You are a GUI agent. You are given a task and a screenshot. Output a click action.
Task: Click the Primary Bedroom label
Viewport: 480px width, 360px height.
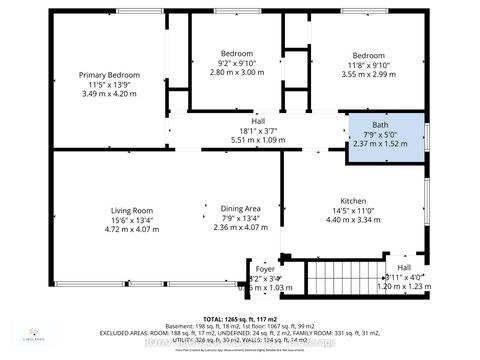coord(110,75)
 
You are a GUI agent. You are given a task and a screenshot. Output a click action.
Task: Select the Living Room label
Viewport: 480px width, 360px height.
coord(132,210)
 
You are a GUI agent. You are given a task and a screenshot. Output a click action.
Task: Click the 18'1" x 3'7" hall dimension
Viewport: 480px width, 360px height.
coord(244,131)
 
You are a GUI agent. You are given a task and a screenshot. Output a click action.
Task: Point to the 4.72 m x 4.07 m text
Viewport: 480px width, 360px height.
coord(132,229)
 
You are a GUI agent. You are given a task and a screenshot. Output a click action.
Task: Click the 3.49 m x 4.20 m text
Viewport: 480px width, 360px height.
coord(110,94)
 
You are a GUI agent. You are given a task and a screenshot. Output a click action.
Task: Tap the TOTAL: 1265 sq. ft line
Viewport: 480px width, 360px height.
coord(240,310)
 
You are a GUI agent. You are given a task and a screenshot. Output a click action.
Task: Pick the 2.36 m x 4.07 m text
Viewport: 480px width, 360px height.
coord(243,229)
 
